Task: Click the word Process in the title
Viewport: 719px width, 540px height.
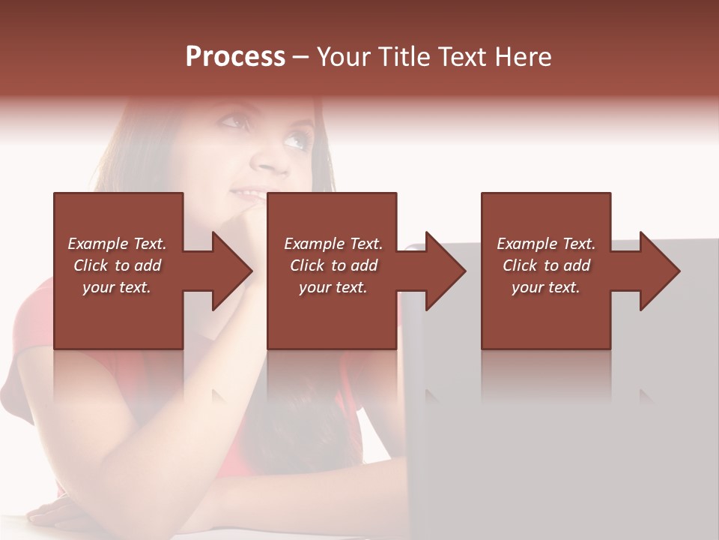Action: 235,57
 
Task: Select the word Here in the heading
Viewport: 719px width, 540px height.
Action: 521,57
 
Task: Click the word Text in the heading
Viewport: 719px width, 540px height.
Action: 460,57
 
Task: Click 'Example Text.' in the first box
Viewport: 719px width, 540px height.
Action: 117,244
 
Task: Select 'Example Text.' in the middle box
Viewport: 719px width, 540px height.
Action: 333,244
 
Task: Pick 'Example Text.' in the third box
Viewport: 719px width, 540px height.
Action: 546,244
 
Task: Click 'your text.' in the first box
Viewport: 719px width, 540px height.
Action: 117,287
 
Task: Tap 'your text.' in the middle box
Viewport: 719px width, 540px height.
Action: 333,287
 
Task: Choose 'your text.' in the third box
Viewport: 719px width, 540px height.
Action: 546,287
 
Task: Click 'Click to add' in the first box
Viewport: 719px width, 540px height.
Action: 117,265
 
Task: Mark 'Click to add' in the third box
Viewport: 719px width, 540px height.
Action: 546,265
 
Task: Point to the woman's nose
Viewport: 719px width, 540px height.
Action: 266,159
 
